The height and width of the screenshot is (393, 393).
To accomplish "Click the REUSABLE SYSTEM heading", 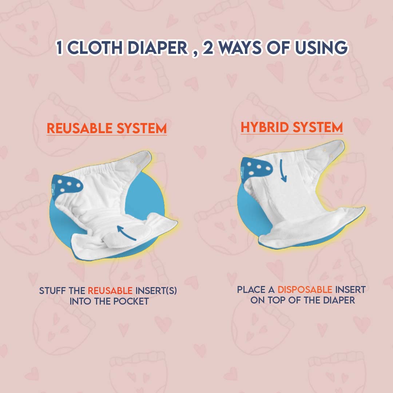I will pos(107,128).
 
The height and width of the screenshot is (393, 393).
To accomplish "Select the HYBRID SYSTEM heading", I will pos(291,127).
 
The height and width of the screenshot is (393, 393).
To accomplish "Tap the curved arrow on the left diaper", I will pos(127,233).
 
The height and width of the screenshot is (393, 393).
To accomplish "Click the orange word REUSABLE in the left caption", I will pos(110,291).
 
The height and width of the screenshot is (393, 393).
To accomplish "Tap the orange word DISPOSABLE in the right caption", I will pos(305,290).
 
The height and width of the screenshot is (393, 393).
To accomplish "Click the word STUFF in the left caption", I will pos(51,291).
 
